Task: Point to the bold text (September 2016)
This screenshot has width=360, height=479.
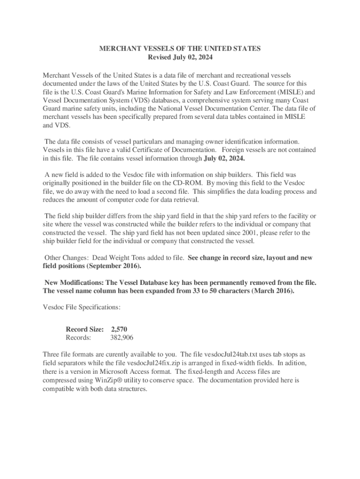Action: pos(113,266)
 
